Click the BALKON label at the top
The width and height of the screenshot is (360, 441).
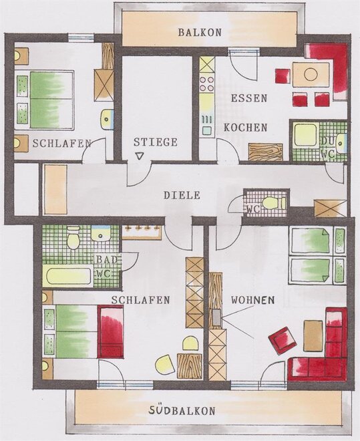tap(200, 32)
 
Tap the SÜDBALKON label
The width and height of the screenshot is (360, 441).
tap(182, 410)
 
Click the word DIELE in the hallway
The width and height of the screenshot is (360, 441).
tap(182, 195)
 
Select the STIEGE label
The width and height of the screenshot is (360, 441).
tap(156, 142)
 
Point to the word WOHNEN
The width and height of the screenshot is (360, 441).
tap(253, 300)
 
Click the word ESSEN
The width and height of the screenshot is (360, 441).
tap(249, 98)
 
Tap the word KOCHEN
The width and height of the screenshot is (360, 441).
tap(245, 128)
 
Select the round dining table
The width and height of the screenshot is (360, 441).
tap(311, 75)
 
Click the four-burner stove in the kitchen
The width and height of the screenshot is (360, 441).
tap(207, 84)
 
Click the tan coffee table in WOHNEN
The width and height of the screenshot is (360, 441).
tap(313, 335)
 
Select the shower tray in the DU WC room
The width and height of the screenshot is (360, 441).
tap(306, 135)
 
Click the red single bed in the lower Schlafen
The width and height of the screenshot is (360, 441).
tap(110, 332)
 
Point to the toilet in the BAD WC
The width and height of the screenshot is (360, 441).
tap(73, 238)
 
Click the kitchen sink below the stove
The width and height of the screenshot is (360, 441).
tap(207, 124)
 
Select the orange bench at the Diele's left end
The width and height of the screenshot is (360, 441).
tap(56, 190)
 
